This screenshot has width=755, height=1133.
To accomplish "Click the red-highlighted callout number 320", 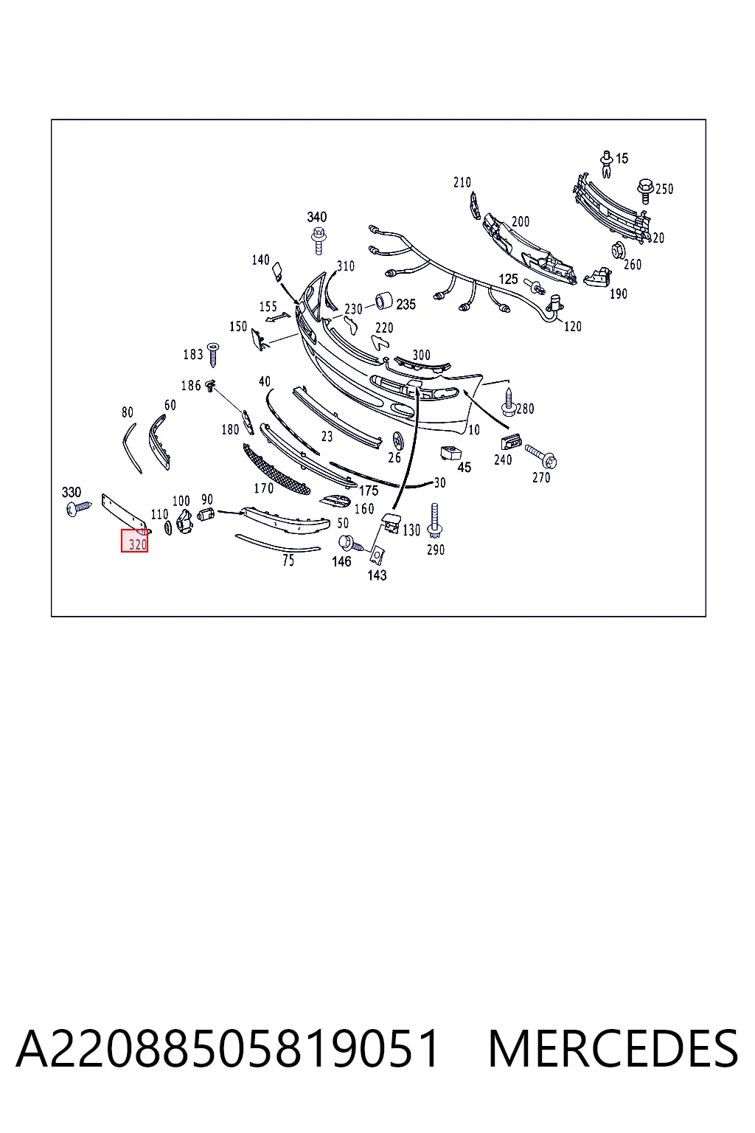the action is (138, 545).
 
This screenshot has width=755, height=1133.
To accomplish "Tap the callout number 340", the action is (317, 217).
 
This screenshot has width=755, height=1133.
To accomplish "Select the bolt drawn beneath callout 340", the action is (319, 240).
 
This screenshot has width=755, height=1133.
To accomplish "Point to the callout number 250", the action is (664, 189).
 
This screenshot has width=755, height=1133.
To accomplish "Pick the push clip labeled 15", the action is (607, 164).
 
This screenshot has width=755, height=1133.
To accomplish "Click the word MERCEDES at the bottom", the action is (613, 1048).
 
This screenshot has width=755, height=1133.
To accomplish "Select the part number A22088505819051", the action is (228, 1048).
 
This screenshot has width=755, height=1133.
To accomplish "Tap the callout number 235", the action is (406, 305).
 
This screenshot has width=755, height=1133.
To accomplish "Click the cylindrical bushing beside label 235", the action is (384, 301).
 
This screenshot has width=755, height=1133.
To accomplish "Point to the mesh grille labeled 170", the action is (276, 469).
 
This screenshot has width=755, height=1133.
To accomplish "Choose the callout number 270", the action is (541, 477).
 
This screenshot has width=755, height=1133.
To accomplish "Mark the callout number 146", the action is (341, 561).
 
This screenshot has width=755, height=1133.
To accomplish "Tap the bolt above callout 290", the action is (434, 521).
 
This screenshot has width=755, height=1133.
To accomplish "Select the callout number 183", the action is (192, 355).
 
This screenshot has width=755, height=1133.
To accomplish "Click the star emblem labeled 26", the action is (398, 441).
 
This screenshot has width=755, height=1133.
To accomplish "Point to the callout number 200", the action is (521, 221).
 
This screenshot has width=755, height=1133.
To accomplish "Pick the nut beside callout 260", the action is (617, 249).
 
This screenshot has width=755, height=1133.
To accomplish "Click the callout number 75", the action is (288, 561).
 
